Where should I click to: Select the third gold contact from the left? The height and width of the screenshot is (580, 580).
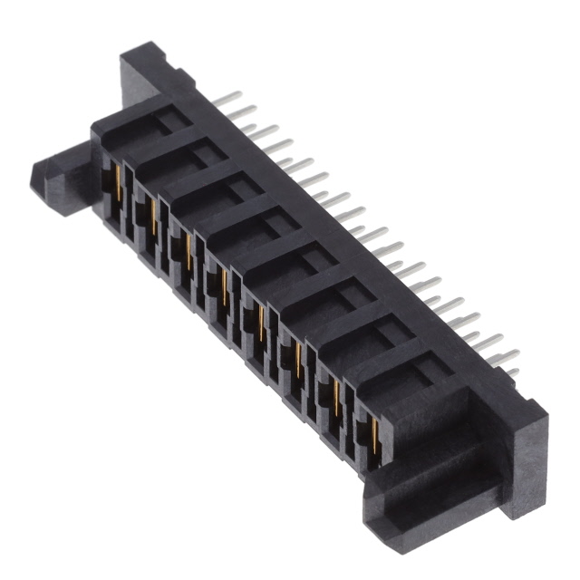[x=189, y=250]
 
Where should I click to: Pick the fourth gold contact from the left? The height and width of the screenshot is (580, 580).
[x=225, y=285]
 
